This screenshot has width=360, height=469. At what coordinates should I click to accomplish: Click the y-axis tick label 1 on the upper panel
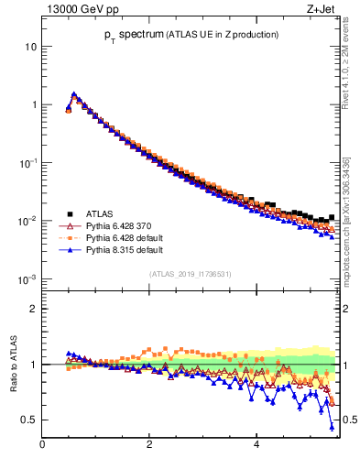(33, 104)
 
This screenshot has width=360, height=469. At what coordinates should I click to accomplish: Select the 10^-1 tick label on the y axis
(28, 162)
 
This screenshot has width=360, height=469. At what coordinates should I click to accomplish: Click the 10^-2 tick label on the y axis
(28, 221)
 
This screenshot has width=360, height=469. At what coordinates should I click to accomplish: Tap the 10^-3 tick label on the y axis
(28, 278)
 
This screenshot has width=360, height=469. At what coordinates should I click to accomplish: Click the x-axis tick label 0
(42, 444)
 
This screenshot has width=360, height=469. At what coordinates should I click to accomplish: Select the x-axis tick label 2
(149, 444)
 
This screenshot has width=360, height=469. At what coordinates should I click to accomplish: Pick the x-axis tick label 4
(256, 444)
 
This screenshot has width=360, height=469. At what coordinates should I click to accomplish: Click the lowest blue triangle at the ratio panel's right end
(332, 427)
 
